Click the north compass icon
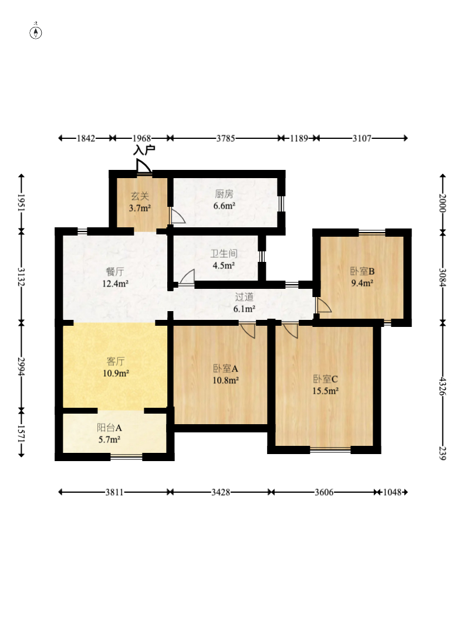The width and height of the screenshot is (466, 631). click(36, 32)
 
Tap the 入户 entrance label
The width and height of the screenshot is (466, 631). click(144, 150)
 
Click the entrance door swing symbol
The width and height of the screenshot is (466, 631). click(144, 166)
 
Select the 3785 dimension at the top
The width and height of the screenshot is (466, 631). click(225, 138)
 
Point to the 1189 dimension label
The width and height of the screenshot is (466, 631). click(299, 138)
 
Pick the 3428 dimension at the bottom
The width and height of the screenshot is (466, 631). click(221, 492)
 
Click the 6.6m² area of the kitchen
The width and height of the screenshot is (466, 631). click(225, 206)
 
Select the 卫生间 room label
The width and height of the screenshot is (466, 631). click(224, 254)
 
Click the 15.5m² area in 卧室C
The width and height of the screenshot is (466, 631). click(325, 391)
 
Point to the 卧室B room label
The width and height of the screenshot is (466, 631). click(362, 271)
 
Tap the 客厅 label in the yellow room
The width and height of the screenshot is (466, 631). click(115, 361)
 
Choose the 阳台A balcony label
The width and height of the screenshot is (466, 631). click(109, 428)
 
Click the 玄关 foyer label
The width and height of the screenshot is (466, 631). click(140, 196)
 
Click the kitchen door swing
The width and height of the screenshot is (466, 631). click(177, 216)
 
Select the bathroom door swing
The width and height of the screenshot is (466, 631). click(187, 277)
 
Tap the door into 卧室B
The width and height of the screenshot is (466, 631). click(324, 305)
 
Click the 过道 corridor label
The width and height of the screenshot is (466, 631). click(244, 297)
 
